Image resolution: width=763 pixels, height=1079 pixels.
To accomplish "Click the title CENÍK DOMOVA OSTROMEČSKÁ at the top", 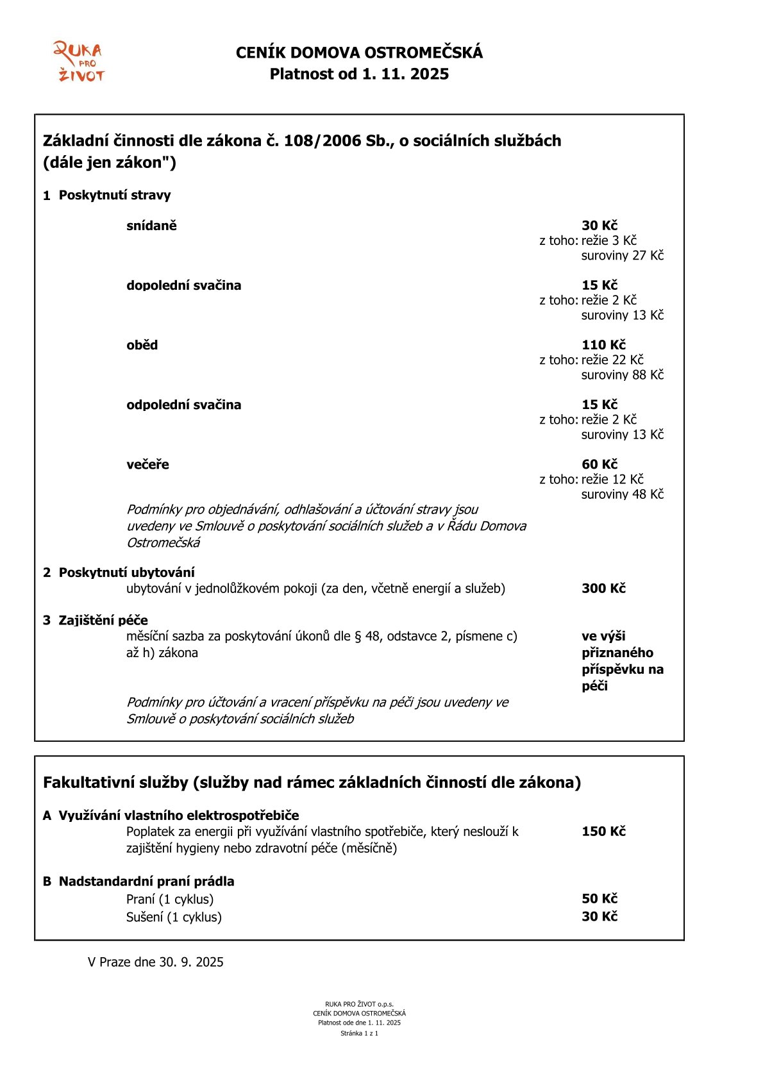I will (359, 53).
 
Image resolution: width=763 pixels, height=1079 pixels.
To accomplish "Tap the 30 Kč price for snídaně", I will (599, 226).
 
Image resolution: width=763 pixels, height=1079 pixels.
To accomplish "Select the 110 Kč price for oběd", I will (603, 345).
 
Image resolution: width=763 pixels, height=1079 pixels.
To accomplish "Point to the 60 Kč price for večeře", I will (599, 464).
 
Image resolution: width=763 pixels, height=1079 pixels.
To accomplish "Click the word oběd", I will (142, 345).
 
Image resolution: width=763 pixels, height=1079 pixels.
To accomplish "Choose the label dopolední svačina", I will (183, 285).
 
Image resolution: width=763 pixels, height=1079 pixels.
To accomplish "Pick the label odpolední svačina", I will (183, 405).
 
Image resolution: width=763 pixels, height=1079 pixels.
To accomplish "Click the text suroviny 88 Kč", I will (622, 374).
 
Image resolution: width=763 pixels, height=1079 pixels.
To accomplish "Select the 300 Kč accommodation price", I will (603, 589).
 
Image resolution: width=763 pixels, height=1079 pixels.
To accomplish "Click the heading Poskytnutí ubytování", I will (126, 573).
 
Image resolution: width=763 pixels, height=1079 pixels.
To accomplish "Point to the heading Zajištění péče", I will (103, 620).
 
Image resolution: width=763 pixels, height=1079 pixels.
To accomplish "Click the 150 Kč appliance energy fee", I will (603, 832).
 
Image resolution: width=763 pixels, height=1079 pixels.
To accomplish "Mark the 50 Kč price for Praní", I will (599, 899).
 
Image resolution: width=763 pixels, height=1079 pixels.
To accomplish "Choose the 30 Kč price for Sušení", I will (599, 917).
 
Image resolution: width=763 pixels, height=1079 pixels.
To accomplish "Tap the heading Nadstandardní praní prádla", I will (146, 882).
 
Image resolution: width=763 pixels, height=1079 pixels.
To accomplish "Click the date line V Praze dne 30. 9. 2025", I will (155, 962).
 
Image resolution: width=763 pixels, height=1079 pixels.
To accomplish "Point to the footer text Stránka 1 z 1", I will (359, 1033).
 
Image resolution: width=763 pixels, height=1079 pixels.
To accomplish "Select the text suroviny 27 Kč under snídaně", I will (622, 255).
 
